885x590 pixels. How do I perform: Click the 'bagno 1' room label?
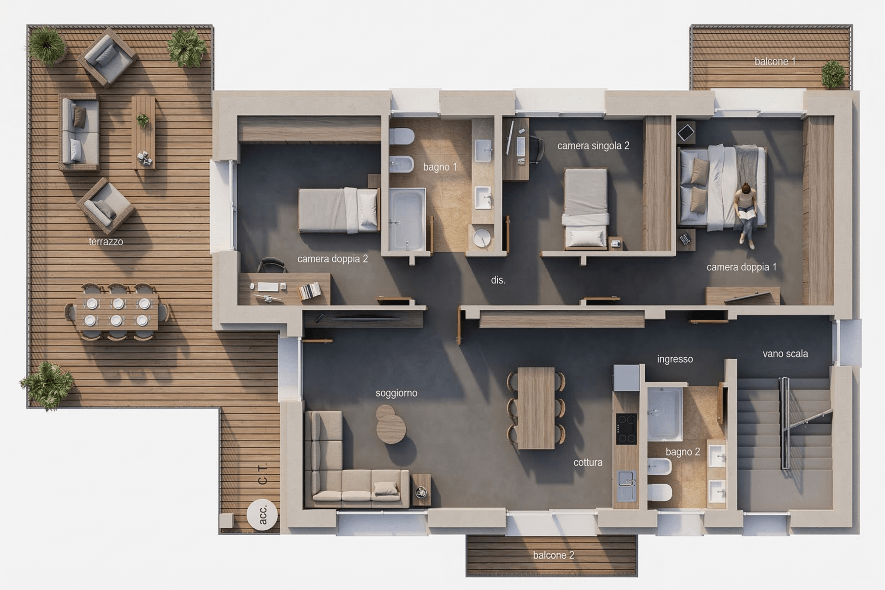click(x=440, y=167)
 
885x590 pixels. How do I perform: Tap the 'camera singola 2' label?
click(x=593, y=146)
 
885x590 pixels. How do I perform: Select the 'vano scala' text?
click(x=785, y=354)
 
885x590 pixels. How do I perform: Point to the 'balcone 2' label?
click(x=554, y=555)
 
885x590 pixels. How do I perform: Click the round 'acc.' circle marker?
click(x=262, y=514)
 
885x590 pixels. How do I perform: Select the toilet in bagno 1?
click(x=401, y=136)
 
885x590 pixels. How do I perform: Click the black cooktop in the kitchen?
click(x=626, y=429)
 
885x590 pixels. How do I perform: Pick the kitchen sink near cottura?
click(x=627, y=486)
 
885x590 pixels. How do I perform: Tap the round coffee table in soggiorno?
click(x=390, y=425)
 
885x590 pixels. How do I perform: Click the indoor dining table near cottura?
click(x=536, y=408)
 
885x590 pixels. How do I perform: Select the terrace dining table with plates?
click(x=117, y=312)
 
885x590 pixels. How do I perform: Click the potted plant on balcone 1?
click(x=833, y=74)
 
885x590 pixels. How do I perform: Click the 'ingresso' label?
click(x=675, y=359)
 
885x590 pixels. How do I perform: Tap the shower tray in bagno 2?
click(x=665, y=414)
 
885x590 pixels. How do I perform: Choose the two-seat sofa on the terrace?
click(x=79, y=132)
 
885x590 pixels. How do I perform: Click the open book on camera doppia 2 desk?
click(x=310, y=291)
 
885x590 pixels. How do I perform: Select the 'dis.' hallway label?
click(x=498, y=280)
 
